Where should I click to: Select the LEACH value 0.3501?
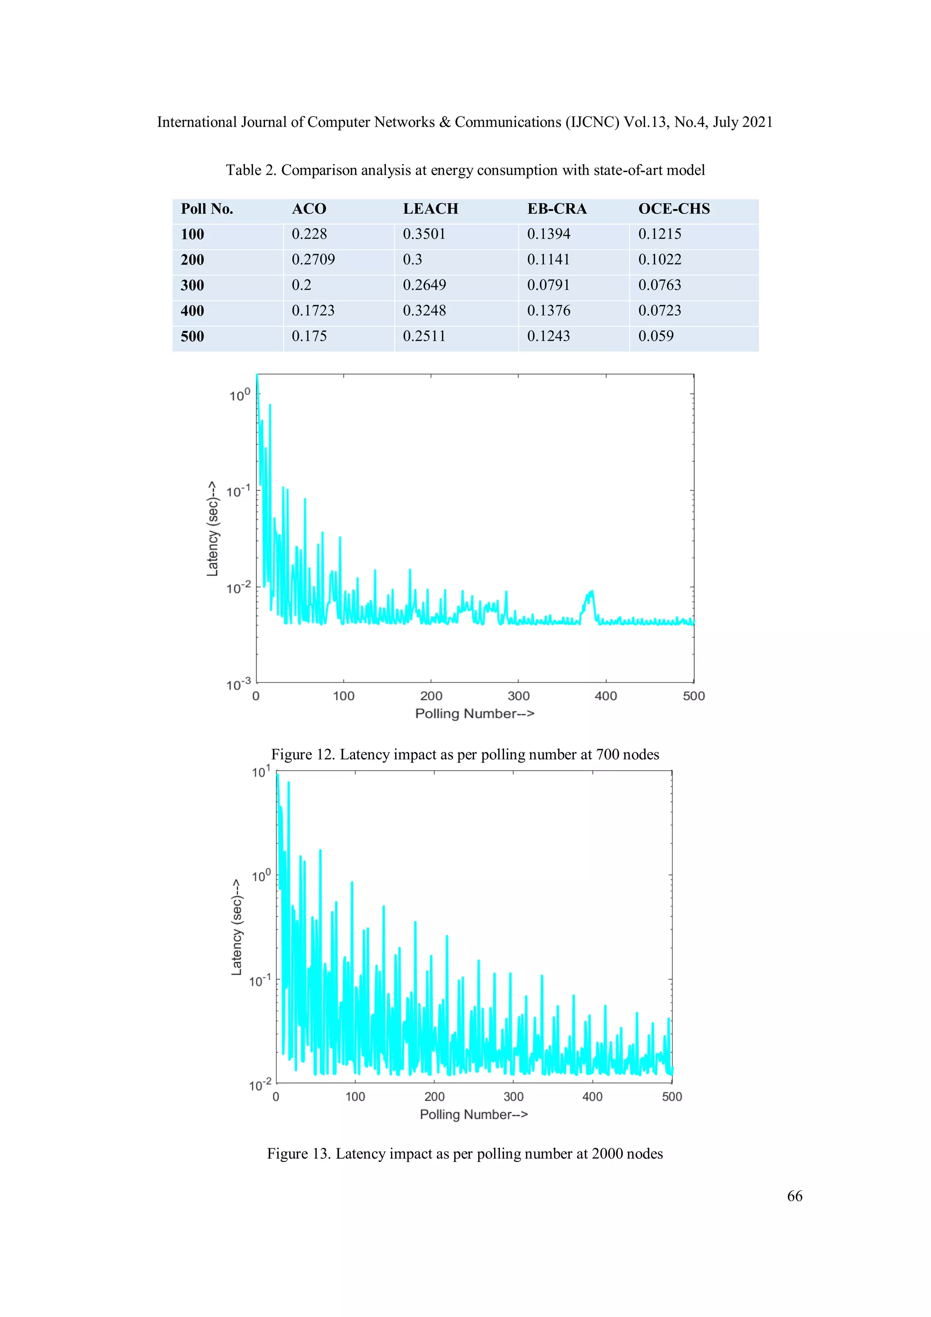coord(424,234)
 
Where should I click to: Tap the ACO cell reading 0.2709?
coord(313,259)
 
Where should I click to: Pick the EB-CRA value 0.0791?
coord(548,285)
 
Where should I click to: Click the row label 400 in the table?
coord(192,311)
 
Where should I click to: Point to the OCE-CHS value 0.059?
coord(656,336)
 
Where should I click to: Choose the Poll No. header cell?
coord(206,209)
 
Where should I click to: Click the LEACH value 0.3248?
coord(424,311)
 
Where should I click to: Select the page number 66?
coord(795,1196)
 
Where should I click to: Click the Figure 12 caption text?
coord(465,754)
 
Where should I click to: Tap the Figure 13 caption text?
coord(465,1153)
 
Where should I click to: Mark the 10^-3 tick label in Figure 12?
coord(238,684)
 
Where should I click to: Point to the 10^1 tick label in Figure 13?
coord(260,772)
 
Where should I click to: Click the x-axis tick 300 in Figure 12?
coord(519,696)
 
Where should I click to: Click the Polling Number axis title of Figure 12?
coord(475,714)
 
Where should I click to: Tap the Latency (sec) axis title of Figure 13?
coord(236,927)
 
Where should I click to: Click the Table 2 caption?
coord(465,170)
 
